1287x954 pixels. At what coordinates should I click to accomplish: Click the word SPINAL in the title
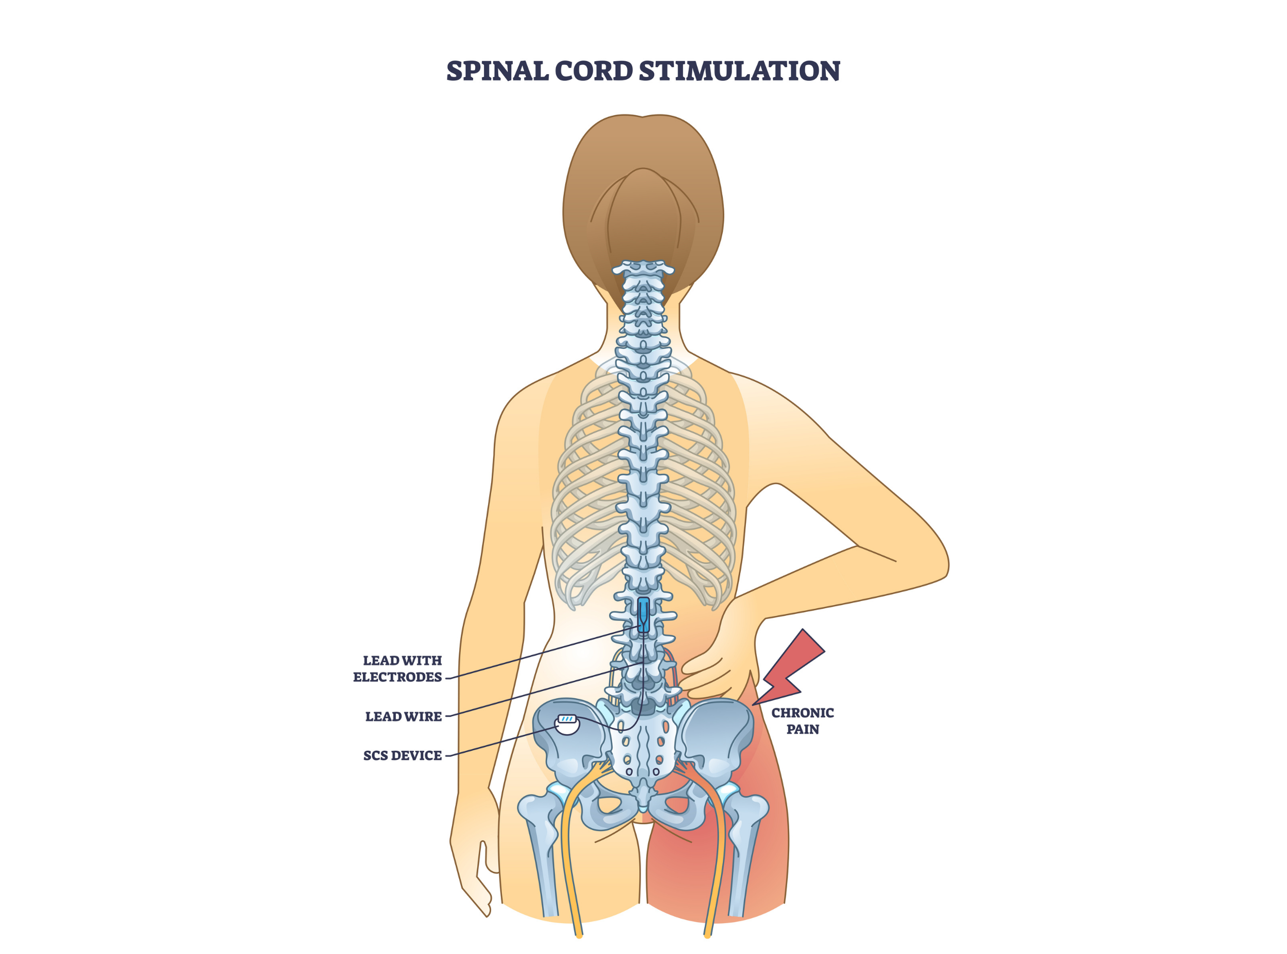pyautogui.click(x=497, y=71)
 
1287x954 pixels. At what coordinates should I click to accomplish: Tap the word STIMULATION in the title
pyautogui.click(x=739, y=71)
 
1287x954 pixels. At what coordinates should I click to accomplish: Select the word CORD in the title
pyautogui.click(x=593, y=71)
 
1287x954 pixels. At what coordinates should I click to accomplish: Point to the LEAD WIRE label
pyautogui.click(x=403, y=717)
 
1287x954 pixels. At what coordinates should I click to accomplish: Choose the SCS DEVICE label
pyautogui.click(x=402, y=756)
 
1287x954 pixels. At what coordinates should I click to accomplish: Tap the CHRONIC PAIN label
pyautogui.click(x=803, y=721)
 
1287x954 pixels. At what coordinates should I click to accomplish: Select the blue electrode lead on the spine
pyautogui.click(x=643, y=614)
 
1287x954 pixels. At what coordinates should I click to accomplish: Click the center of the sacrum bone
pyautogui.click(x=643, y=745)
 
